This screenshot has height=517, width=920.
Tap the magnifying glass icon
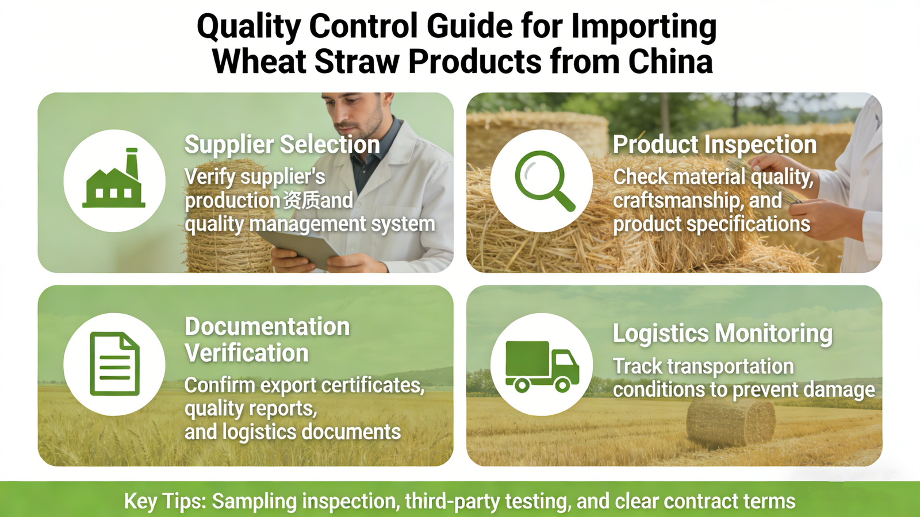point(543,180)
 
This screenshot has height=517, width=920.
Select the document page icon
point(114,364)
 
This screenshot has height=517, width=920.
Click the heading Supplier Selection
point(282,145)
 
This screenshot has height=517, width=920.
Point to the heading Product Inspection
point(714,145)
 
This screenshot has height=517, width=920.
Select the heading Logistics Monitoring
point(722,334)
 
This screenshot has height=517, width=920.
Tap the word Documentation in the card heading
point(267,327)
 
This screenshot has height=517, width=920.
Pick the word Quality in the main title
point(248,26)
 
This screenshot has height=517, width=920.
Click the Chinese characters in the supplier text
point(301,200)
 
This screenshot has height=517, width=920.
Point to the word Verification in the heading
point(247,353)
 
